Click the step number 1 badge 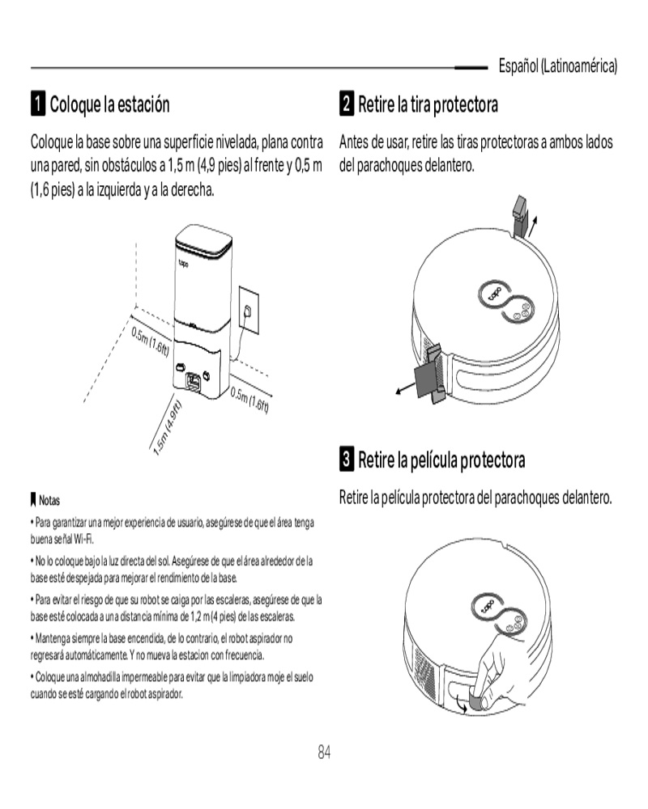(38, 104)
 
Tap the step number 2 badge (347, 104)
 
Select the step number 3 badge (347, 459)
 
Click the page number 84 (324, 752)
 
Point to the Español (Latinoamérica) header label (557, 66)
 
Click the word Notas (49, 500)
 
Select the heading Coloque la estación (109, 104)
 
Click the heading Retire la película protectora (441, 460)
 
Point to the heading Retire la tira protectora (428, 104)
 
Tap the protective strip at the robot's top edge (520, 215)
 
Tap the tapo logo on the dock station (183, 265)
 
